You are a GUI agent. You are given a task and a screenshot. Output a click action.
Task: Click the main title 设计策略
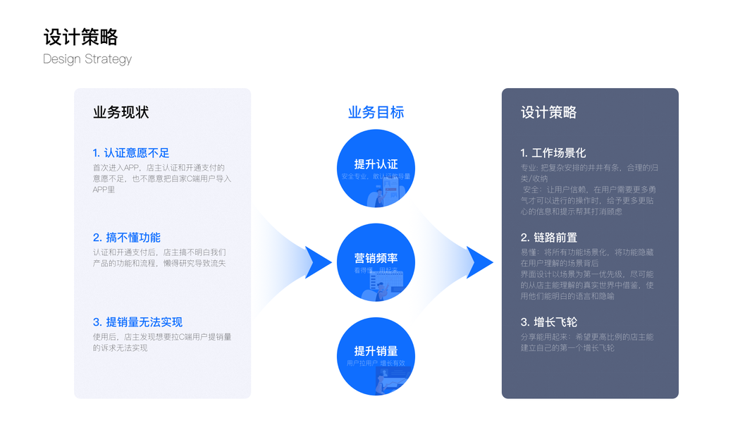80,37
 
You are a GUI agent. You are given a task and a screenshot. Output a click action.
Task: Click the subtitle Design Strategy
87,59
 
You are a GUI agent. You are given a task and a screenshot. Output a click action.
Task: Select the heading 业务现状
121,113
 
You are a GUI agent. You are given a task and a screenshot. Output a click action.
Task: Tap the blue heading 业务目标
376,113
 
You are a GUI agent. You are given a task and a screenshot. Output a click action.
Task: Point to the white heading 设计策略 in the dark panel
548,113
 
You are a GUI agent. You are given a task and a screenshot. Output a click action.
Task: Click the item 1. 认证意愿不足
131,153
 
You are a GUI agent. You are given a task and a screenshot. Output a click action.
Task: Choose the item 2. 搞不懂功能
127,238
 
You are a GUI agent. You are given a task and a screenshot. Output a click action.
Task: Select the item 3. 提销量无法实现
137,322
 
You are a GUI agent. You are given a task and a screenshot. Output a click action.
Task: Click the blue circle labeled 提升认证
376,169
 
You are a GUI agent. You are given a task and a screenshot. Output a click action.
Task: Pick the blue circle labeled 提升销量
376,357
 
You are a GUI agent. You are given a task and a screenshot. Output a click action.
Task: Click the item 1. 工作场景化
553,153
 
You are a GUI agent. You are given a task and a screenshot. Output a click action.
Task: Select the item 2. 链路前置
549,238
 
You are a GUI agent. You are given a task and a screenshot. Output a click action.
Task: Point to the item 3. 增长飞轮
549,322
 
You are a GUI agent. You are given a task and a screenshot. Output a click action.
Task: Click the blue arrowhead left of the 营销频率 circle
319,262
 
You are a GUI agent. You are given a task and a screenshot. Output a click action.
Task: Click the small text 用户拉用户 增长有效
376,364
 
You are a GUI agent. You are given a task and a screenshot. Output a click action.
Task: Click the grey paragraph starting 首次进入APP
161,178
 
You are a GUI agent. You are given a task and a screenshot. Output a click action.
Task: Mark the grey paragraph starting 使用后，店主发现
161,342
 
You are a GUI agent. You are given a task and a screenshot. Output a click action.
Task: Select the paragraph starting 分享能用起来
587,342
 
